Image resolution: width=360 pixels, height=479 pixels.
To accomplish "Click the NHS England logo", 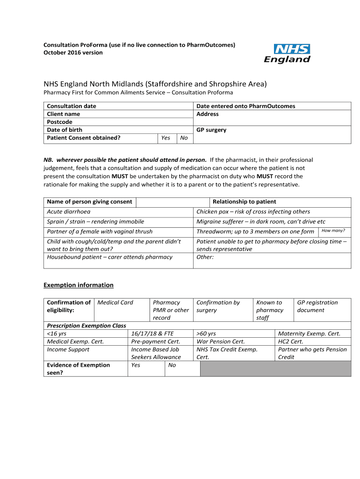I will click(x=287, y=53).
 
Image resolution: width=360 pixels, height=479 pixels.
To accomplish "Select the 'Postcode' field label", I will click(x=60, y=122).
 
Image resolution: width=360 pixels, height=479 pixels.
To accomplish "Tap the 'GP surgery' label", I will click(x=211, y=130).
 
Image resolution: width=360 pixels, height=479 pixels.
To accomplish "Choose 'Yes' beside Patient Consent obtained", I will click(x=166, y=138).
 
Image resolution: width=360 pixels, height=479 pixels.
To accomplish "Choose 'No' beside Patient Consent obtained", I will click(x=184, y=138).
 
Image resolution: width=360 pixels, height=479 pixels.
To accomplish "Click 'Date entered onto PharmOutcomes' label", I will click(x=246, y=106).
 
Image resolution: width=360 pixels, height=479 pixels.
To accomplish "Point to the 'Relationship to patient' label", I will click(x=244, y=202).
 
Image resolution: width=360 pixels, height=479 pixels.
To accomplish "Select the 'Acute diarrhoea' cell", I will click(x=69, y=212).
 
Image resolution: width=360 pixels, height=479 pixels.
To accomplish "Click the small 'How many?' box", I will click(x=334, y=231).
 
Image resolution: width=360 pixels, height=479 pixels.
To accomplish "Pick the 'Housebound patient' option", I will click(x=109, y=257).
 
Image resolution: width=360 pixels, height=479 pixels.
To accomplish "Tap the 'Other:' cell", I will click(x=205, y=257).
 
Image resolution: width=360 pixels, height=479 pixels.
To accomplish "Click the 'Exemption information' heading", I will click(x=79, y=285).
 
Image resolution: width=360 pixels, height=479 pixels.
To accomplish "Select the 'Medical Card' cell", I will click(x=115, y=303).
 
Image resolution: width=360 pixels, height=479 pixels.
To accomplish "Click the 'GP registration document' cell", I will click(x=317, y=306).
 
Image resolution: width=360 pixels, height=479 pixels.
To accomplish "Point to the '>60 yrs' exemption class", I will click(x=206, y=334).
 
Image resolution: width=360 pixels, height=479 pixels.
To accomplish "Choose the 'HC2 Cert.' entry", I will click(x=290, y=341).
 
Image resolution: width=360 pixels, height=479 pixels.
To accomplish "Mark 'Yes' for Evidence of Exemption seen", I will click(x=136, y=365).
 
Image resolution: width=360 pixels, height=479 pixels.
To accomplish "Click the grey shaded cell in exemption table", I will click(x=275, y=369).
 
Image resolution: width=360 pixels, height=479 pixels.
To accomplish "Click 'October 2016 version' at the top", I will click(x=73, y=52).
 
